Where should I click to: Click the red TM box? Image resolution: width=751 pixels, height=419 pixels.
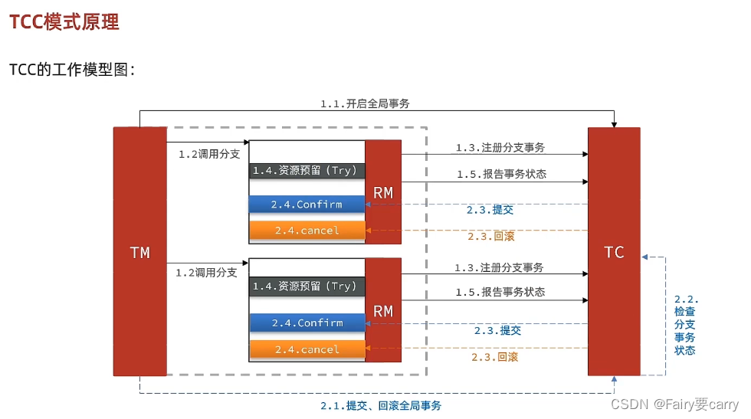(x=139, y=251)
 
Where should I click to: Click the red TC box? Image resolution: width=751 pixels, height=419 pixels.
(x=614, y=251)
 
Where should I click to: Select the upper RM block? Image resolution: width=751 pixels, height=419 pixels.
(x=383, y=192)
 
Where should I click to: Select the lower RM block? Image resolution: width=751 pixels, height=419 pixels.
(x=383, y=310)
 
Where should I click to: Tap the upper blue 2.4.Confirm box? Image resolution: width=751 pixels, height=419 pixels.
(x=307, y=205)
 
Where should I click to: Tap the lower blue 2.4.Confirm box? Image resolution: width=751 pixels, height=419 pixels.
(x=307, y=323)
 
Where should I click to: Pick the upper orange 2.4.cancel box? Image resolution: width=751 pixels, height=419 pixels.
(x=307, y=230)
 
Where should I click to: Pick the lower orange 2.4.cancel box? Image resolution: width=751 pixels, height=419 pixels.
(x=307, y=349)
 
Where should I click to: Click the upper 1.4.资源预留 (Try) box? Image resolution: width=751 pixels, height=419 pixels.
(x=306, y=170)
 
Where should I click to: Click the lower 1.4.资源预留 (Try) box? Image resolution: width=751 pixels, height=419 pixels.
(x=306, y=286)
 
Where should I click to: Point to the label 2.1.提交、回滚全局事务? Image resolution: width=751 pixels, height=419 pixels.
(x=381, y=405)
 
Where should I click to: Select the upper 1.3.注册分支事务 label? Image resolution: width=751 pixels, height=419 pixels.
(x=500, y=147)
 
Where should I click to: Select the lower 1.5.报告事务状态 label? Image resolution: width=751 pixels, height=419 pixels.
(x=500, y=292)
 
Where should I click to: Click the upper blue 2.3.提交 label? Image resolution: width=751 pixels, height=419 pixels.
(x=490, y=210)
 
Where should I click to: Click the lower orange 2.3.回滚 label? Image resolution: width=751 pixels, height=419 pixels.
(x=494, y=356)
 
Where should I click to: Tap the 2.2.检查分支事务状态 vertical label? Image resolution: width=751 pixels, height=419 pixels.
(x=685, y=325)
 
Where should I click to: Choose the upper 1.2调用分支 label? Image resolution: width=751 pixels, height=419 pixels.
(x=209, y=154)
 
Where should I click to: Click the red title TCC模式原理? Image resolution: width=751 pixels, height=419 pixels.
(x=64, y=22)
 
